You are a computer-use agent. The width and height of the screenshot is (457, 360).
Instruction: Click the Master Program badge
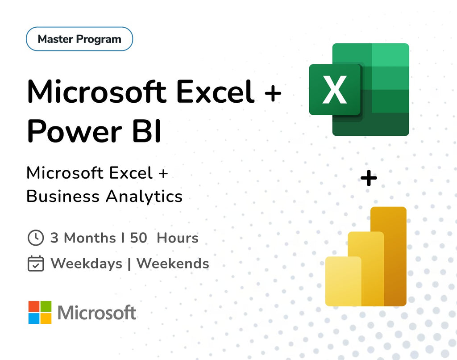[x=79, y=39]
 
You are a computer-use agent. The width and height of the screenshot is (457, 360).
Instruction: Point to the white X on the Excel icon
[x=335, y=90]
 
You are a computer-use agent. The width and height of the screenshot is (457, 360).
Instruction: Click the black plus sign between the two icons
[x=369, y=179]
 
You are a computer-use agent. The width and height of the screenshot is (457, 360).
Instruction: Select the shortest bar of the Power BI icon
[x=343, y=281]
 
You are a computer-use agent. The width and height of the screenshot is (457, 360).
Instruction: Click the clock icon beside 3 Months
[x=36, y=238]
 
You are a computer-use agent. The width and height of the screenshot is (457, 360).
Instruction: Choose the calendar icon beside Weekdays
[x=36, y=264]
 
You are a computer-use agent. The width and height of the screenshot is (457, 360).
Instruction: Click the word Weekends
[x=173, y=264]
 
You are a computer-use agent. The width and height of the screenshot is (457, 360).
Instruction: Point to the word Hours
[x=178, y=238]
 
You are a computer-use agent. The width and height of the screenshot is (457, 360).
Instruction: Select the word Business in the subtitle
[x=63, y=197]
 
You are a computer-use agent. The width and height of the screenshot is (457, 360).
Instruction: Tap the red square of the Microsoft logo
[x=34, y=306]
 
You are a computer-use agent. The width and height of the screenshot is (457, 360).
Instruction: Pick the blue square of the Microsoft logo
[x=34, y=318]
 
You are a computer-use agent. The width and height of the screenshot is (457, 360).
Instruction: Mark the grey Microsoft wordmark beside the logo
[x=97, y=313]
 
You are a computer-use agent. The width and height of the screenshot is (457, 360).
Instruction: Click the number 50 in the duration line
[x=138, y=238]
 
